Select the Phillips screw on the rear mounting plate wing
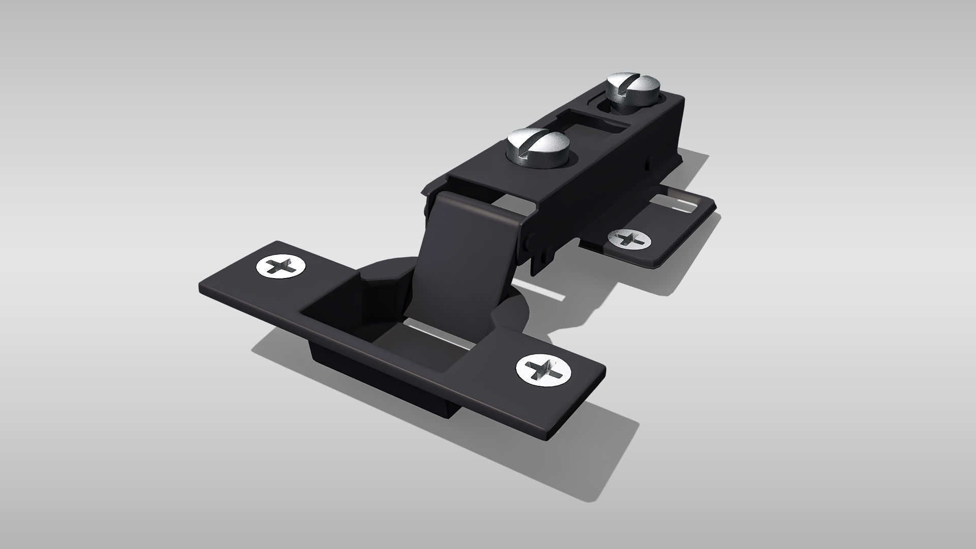pyautogui.click(x=631, y=238)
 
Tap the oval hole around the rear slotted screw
pyautogui.click(x=605, y=107)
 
